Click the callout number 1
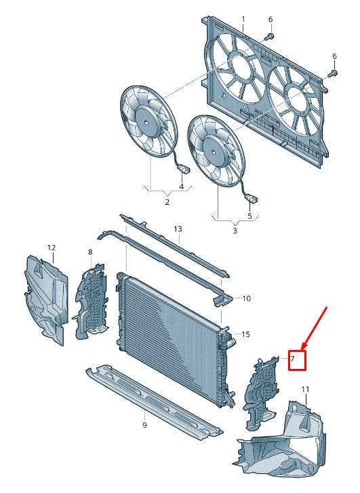coord(243,20)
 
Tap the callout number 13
coord(178,229)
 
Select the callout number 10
coord(247,298)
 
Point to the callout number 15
coord(245,334)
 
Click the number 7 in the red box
coord(292,359)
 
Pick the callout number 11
coord(305,389)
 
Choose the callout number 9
coord(144,425)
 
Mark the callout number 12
coord(52,248)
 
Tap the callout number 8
coord(91,252)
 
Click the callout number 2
coord(167,202)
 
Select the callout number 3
coord(235,231)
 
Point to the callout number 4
coord(182,186)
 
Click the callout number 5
coord(249,216)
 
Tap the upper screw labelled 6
coord(270,37)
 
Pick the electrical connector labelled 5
coord(252,199)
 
